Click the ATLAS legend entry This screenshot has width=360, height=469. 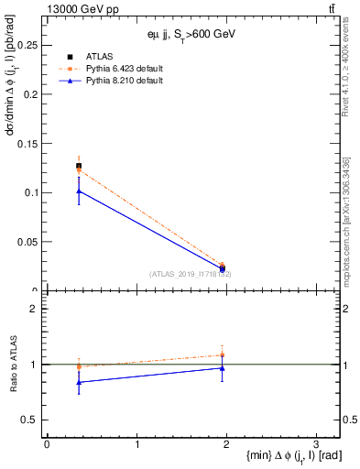coord(100,56)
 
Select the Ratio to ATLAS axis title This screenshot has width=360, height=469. coord(13,365)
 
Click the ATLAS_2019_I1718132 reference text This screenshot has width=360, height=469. coord(191,274)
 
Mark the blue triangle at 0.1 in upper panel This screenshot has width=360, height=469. coord(79,191)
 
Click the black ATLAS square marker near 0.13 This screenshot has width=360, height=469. coord(79,166)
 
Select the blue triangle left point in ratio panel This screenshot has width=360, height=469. coord(79,382)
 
